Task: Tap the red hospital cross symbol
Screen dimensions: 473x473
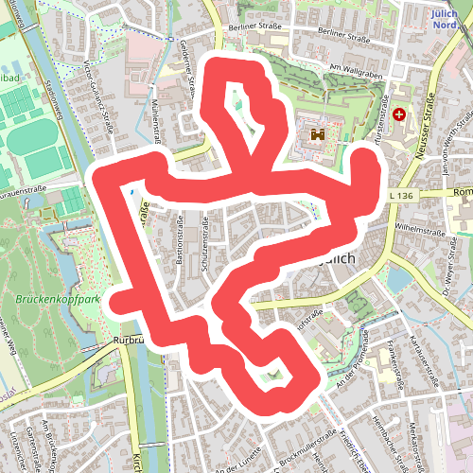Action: [398, 114]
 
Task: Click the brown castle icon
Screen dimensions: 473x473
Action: [316, 136]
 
